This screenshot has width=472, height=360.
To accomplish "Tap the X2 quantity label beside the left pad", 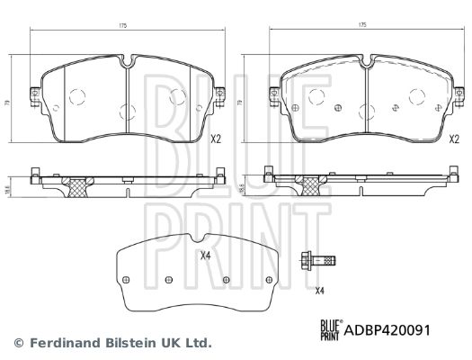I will [216, 139].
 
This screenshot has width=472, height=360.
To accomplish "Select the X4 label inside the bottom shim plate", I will [204, 256].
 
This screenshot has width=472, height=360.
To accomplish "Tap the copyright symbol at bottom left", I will [18, 343].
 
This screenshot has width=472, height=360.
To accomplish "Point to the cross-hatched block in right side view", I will [313, 185].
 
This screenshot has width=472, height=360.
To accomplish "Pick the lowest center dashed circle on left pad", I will [124, 112].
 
